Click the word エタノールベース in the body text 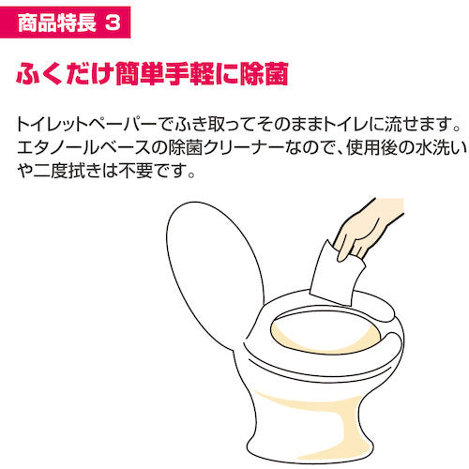[x=76, y=148]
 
